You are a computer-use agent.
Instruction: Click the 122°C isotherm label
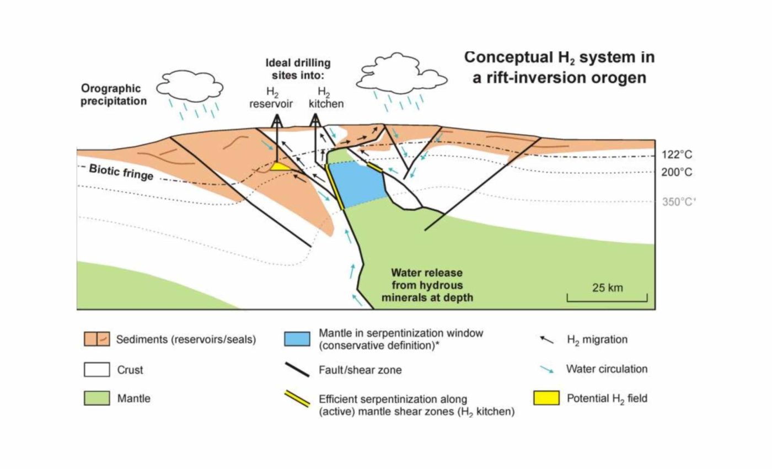677,155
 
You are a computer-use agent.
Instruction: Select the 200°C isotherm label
677,172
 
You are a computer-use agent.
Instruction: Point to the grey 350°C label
678,202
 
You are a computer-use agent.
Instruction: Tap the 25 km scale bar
607,298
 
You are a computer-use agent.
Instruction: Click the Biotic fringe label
121,172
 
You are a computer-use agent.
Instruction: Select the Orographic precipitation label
114,94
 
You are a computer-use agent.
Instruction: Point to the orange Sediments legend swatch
96,339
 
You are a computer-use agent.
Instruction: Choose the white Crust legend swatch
96,369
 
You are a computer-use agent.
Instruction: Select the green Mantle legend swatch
96,398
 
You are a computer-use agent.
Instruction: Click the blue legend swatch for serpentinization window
297,339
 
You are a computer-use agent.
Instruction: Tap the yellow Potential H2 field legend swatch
546,398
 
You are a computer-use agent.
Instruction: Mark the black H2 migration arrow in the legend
546,339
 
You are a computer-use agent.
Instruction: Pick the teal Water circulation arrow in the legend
546,369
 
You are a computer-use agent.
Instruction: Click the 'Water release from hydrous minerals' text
427,285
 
